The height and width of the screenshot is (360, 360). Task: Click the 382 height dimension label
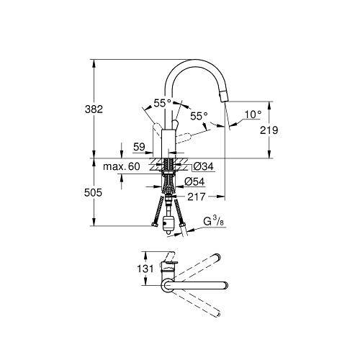click(94, 109)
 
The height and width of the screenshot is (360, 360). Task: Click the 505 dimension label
click(93, 192)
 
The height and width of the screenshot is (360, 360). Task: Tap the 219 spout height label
click(269, 130)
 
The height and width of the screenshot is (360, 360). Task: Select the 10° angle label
click(253, 114)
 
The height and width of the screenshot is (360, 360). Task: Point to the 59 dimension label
click(140, 147)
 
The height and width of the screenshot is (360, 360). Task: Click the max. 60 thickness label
click(122, 166)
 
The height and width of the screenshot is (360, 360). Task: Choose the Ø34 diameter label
click(203, 166)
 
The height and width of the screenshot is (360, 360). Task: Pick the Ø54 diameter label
click(194, 181)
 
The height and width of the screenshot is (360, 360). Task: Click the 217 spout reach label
click(197, 197)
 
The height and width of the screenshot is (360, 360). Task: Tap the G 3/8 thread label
click(213, 221)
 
